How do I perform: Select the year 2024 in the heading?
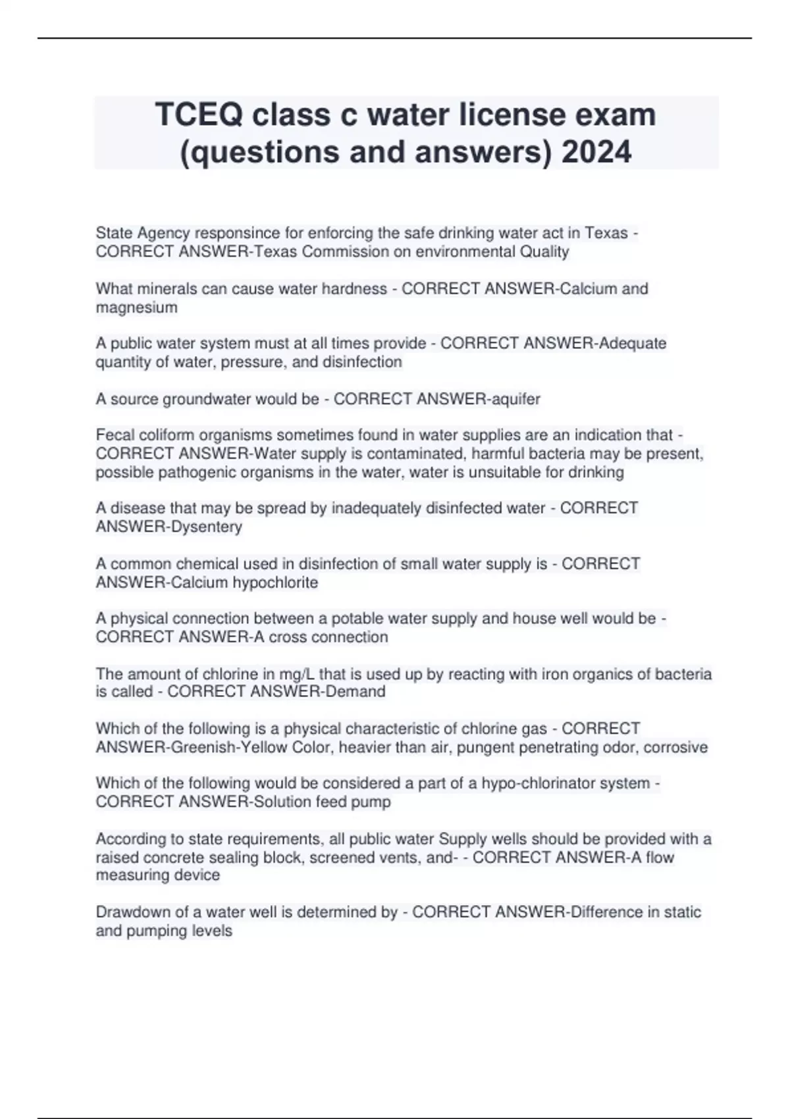596,152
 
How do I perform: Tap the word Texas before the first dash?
606,233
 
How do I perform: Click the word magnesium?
136,307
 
